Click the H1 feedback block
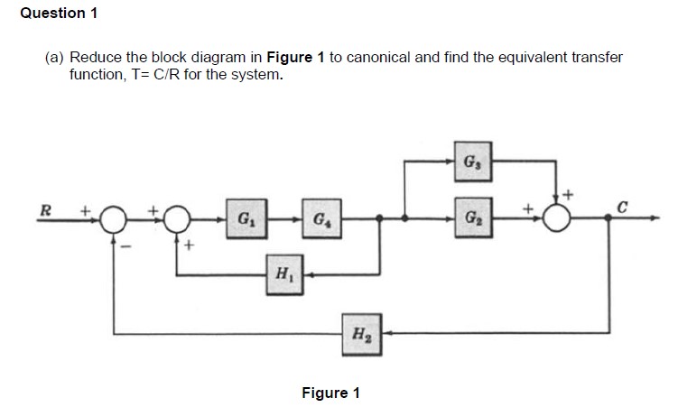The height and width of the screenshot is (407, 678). pos(282,272)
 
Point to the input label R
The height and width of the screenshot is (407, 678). pos(42,211)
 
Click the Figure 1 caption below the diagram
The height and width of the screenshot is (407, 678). pos(330,393)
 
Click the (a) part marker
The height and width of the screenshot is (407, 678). pos(55,58)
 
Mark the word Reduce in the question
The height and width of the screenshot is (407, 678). pos(93,58)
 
